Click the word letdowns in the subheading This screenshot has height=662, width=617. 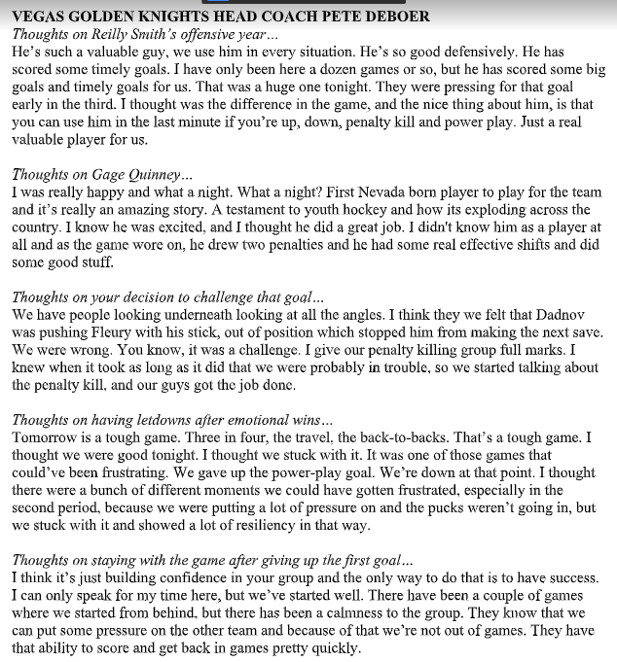coord(157,420)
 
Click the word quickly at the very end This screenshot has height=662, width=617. coord(332,647)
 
